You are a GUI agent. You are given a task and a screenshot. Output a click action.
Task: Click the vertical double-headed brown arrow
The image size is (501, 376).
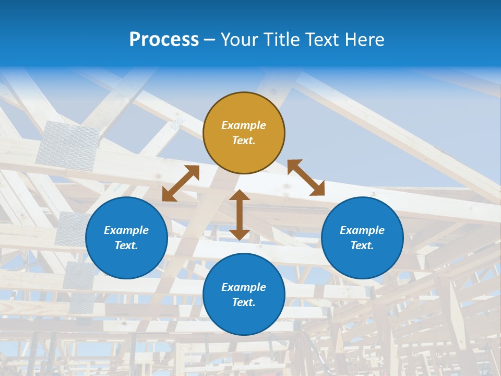click(x=240, y=215)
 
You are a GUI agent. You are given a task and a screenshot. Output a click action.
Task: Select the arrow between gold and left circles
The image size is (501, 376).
click(x=181, y=183)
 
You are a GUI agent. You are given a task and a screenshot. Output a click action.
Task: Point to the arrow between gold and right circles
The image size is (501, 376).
click(x=306, y=178)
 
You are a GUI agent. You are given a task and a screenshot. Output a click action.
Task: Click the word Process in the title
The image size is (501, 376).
click(x=164, y=39)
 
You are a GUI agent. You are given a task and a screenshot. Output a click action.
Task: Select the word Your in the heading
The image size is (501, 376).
click(x=241, y=39)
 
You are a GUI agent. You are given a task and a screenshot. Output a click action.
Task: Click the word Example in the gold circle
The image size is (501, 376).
click(x=244, y=125)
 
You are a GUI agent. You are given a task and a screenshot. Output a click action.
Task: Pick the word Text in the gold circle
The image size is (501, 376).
click(x=243, y=140)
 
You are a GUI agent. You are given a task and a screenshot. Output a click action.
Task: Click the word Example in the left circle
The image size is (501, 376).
click(x=126, y=230)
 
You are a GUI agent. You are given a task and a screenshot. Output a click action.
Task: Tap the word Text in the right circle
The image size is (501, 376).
click(x=361, y=245)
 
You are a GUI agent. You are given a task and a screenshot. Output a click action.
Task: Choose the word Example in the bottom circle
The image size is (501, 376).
click(x=244, y=287)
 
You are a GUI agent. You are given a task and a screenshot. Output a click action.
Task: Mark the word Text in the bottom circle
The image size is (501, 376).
click(x=243, y=302)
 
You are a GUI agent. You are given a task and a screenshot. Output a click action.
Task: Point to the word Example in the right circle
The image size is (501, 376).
click(x=362, y=230)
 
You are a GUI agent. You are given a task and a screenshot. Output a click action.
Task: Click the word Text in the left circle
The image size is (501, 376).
click(x=125, y=245)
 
